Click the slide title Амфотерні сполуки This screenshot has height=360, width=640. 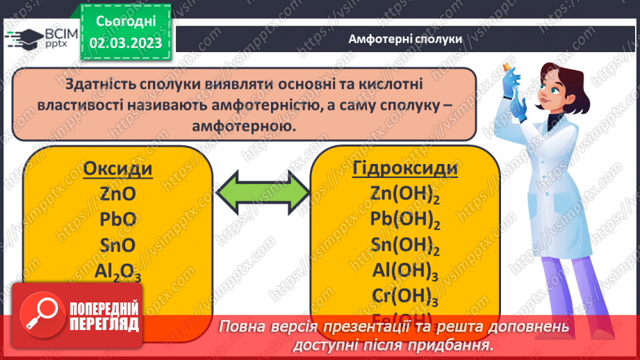pyautogui.click(x=405, y=39)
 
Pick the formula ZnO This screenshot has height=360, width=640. pyautogui.click(x=118, y=194)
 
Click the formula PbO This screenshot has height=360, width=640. pyautogui.click(x=118, y=220)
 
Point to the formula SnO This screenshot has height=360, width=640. pyautogui.click(x=118, y=245)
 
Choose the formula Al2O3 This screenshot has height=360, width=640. pyautogui.click(x=118, y=272)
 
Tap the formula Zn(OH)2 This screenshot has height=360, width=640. pyautogui.click(x=405, y=195)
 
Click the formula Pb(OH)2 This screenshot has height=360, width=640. pyautogui.click(x=405, y=220)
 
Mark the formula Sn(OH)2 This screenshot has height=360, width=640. pyautogui.click(x=405, y=246)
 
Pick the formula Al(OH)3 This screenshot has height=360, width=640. pyautogui.click(x=405, y=272)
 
